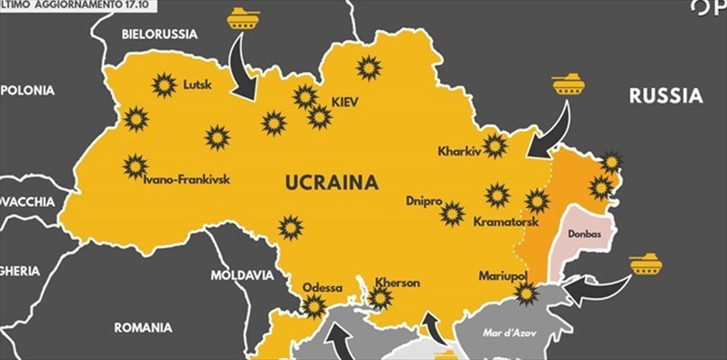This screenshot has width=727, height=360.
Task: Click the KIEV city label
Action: point(345,103)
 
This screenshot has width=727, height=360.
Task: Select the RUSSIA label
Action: point(665,95)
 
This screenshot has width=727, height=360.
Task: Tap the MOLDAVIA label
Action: point(241,274)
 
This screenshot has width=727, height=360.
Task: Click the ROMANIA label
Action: point(143,328)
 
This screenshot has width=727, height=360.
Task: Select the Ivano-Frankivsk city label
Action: point(187,179)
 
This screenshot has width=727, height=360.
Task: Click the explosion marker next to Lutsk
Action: point(164,85)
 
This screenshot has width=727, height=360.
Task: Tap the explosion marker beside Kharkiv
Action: point(494,146)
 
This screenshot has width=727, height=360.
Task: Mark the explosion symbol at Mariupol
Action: point(526,292)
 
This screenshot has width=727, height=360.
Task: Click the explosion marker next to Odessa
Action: point(313,306)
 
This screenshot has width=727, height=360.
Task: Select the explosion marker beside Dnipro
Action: point(453,213)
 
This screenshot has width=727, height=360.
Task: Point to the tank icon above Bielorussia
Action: point(243,17)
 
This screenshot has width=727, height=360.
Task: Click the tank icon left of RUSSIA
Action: point(568,85)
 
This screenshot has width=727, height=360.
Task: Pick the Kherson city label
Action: point(397,283)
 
